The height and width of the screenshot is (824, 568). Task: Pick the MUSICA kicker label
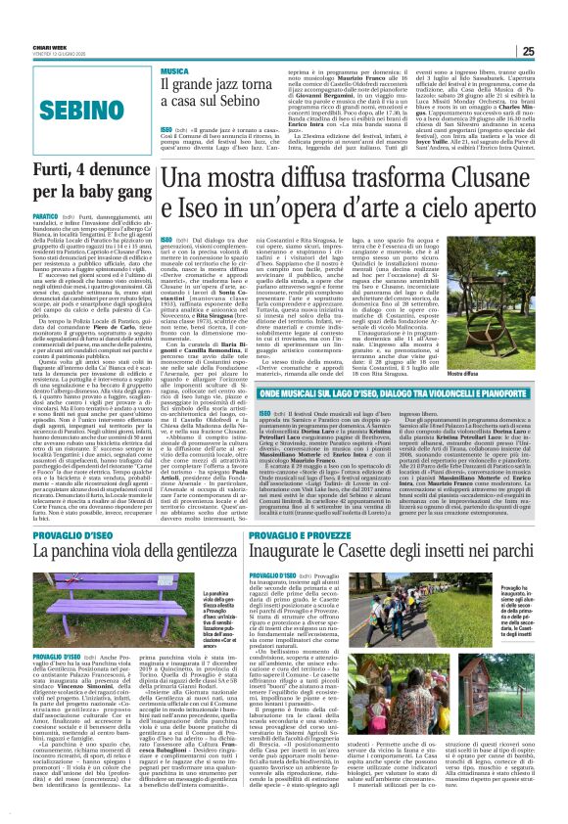[176, 70]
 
